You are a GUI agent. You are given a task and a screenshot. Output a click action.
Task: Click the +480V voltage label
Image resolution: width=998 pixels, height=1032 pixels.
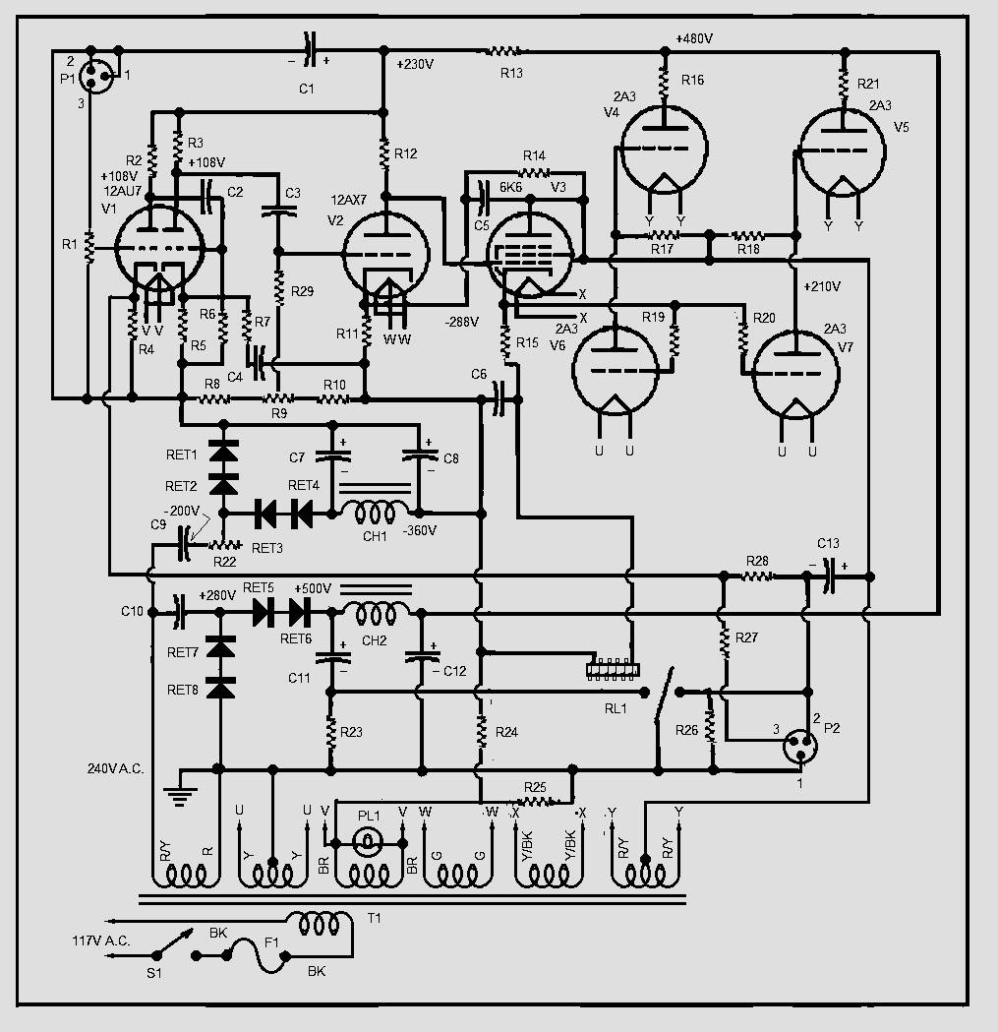[694, 38]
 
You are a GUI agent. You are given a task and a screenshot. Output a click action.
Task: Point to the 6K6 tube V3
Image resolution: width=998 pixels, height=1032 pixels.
[530, 256]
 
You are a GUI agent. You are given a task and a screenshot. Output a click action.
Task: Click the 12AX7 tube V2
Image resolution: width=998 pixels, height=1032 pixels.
[386, 254]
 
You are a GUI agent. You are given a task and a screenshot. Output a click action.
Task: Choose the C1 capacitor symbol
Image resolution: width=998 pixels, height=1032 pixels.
[309, 50]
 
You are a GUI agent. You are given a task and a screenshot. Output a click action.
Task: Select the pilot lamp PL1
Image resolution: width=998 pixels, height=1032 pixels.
[369, 842]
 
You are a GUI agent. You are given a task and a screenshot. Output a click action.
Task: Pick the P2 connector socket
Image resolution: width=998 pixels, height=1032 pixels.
[800, 746]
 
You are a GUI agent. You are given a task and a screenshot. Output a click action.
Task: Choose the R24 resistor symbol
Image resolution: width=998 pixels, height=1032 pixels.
[482, 731]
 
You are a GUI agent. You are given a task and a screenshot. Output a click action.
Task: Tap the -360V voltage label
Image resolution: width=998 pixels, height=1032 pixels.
[420, 530]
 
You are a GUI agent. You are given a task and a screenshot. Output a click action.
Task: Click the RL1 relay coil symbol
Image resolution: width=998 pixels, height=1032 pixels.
[613, 669]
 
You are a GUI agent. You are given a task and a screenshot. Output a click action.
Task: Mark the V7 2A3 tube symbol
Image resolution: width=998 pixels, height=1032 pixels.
[796, 374]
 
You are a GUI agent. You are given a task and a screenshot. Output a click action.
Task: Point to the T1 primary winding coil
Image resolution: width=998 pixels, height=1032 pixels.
[320, 924]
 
